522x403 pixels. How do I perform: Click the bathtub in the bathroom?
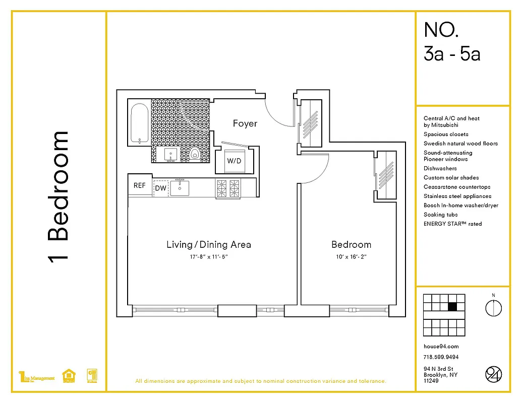pyautogui.click(x=139, y=123)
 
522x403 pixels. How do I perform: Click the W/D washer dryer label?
pyautogui.click(x=234, y=162)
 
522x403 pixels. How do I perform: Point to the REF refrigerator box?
pyautogui.click(x=140, y=185)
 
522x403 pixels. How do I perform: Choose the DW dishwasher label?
pyautogui.click(x=160, y=188)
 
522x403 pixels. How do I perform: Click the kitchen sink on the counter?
pyautogui.click(x=180, y=188)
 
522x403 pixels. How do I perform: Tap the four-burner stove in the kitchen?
pyautogui.click(x=227, y=188)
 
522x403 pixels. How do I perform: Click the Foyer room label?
pyautogui.click(x=245, y=123)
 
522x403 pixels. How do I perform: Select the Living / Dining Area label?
pyautogui.click(x=209, y=245)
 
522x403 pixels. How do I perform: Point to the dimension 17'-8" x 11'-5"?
pyautogui.click(x=208, y=257)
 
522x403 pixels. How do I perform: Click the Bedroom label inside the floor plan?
pyautogui.click(x=351, y=245)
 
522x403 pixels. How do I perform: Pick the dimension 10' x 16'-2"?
pyautogui.click(x=351, y=257)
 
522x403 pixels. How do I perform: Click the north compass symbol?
pyautogui.click(x=493, y=307)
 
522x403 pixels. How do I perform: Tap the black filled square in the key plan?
pyautogui.click(x=452, y=306)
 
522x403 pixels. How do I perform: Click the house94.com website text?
pyautogui.click(x=441, y=347)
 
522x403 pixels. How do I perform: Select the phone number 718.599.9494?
pyautogui.click(x=441, y=357)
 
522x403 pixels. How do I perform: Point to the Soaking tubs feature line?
pyautogui.click(x=441, y=215)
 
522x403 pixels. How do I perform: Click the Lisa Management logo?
pyautogui.click(x=36, y=377)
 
